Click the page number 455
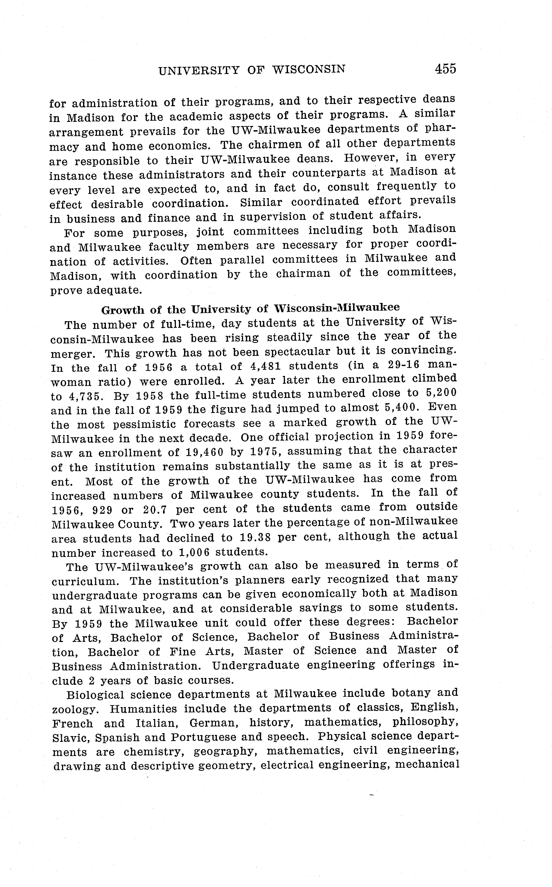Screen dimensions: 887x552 tap(445, 69)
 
